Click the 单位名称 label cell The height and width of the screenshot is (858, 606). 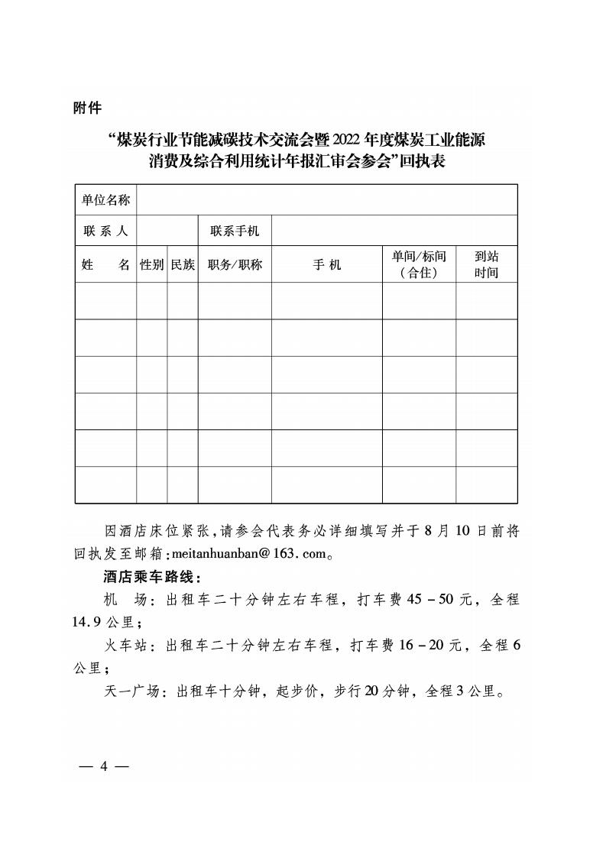pyautogui.click(x=105, y=200)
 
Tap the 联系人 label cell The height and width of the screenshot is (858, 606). pyautogui.click(x=105, y=231)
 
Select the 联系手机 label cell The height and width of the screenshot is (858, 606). pyautogui.click(x=235, y=231)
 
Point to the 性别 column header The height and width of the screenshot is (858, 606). pyautogui.click(x=151, y=264)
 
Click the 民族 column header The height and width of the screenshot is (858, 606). pyautogui.click(x=183, y=264)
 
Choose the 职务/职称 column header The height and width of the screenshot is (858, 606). pyautogui.click(x=235, y=264)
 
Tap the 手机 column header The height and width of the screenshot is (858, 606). pyautogui.click(x=326, y=264)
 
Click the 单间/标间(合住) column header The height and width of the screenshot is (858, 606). pyautogui.click(x=419, y=264)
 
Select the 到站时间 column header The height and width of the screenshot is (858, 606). pyautogui.click(x=486, y=264)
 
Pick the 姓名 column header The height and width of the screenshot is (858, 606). pyautogui.click(x=105, y=264)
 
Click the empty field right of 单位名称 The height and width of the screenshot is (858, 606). pyautogui.click(x=326, y=200)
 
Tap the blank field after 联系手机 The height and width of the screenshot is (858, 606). pyautogui.click(x=394, y=231)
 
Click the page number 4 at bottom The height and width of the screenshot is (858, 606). pyautogui.click(x=103, y=767)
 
